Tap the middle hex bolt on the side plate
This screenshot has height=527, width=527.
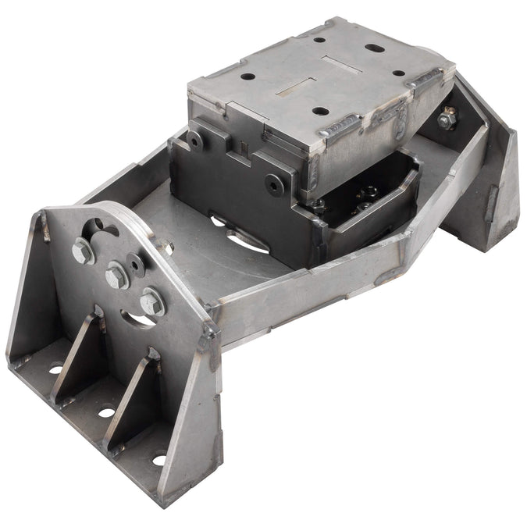[117, 275]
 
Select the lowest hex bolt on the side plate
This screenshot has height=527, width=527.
[152, 301]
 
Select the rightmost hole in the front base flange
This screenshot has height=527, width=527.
[159, 459]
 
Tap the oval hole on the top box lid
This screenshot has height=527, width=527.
[373, 47]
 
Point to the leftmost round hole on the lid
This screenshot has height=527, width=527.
[247, 78]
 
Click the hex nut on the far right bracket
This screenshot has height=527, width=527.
[448, 119]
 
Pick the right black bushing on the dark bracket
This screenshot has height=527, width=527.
[274, 183]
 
